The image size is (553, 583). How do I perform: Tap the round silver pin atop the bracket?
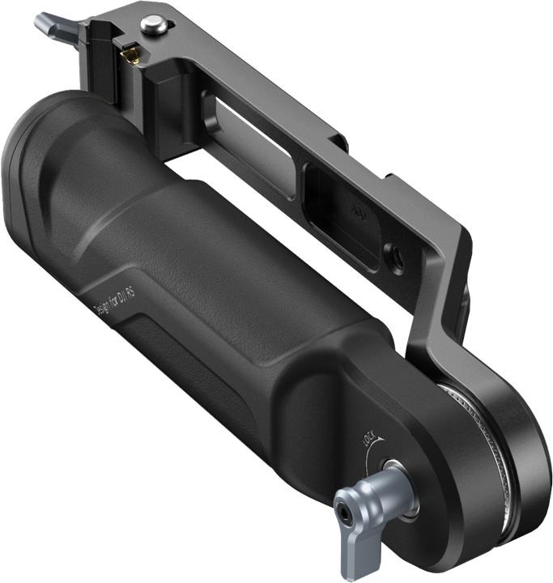tap(154, 25)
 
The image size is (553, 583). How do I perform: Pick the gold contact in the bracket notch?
tap(128, 54)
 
